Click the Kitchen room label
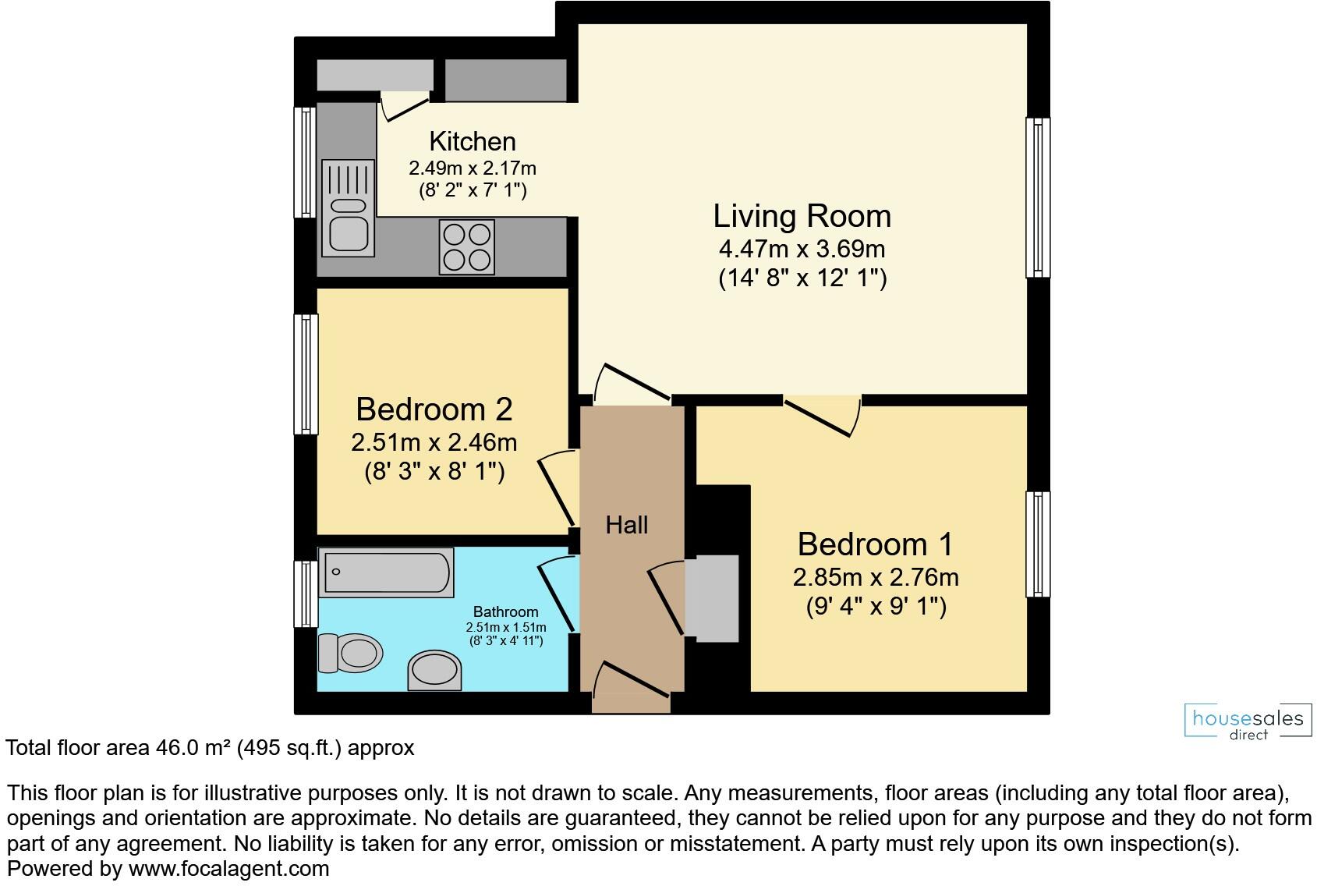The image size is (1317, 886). (x=473, y=141)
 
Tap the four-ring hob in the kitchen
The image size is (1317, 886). (x=467, y=247)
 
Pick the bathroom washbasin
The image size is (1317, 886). (x=434, y=669)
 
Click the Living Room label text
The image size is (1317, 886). (x=802, y=216)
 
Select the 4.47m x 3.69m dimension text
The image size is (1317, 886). (x=802, y=250)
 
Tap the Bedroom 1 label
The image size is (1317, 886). (x=875, y=544)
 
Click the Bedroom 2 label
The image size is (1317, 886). (x=434, y=409)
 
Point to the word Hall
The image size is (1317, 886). (x=627, y=525)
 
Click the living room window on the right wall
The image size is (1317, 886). (x=1037, y=197)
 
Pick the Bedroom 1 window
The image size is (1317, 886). (x=1037, y=544)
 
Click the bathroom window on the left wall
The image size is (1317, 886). (x=306, y=594)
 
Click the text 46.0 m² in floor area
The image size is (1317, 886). (x=191, y=748)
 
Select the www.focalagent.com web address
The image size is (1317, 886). (x=228, y=868)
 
